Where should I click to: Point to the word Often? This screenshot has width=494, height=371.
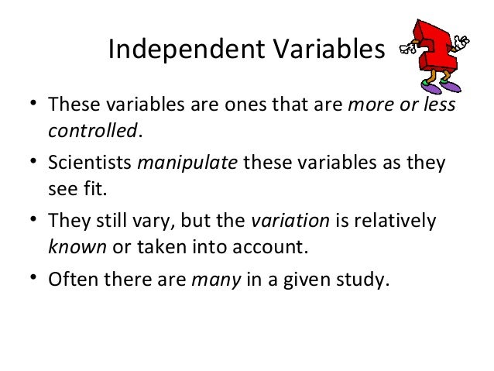click(x=74, y=280)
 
